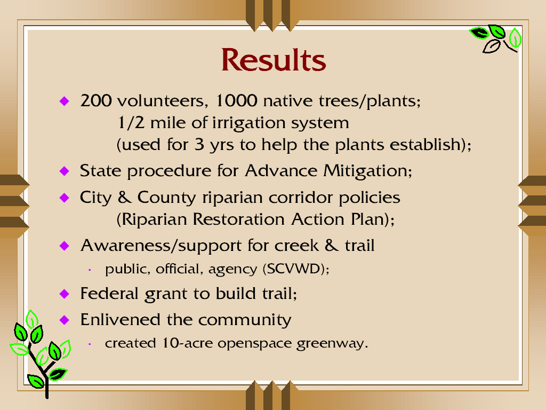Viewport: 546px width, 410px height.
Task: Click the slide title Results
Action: tap(274, 60)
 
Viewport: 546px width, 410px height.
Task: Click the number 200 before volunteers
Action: tap(96, 101)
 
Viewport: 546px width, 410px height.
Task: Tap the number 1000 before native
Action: tap(236, 101)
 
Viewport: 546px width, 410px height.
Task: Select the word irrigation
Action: tap(248, 123)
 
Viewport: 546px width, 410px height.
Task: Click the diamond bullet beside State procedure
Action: tap(65, 171)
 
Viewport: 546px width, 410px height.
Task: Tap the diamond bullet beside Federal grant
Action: tap(65, 294)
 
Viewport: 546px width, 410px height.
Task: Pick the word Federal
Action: tap(109, 293)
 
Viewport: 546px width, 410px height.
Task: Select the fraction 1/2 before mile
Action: tap(131, 123)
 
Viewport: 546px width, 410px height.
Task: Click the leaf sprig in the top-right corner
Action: tap(495, 38)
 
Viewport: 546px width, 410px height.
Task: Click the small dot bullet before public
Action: tap(90, 270)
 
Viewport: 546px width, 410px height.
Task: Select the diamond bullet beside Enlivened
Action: tap(65, 320)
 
